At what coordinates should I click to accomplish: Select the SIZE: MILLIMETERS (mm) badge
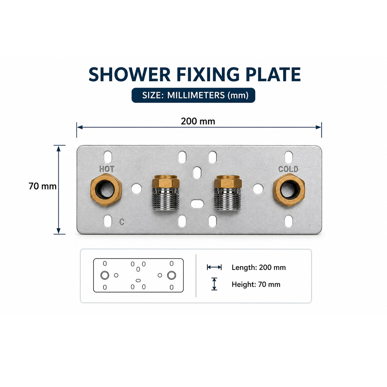193,95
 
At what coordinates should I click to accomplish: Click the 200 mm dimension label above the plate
198,121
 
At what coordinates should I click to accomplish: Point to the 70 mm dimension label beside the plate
42,186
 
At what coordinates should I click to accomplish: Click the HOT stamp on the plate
107,169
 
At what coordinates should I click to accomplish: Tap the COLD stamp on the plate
288,169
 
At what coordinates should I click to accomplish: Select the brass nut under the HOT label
106,190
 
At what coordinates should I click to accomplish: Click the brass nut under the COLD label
289,190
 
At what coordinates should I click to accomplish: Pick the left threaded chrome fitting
166,193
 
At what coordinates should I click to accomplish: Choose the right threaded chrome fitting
228,193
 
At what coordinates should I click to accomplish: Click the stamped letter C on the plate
122,222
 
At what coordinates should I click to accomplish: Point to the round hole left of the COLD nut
258,189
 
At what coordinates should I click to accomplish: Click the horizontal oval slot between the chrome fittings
197,204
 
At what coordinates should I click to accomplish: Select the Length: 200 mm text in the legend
259,267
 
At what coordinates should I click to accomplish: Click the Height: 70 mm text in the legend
256,284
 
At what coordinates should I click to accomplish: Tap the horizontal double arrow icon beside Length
214,267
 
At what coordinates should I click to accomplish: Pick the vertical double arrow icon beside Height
214,284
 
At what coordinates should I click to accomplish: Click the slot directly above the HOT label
108,157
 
